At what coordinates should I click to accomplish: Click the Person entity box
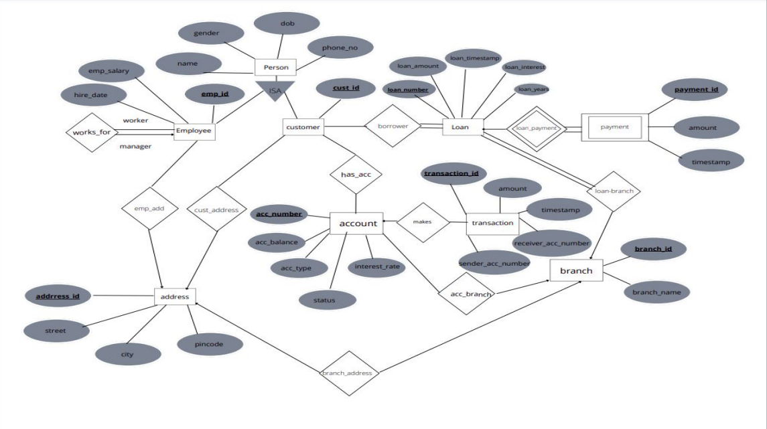[275, 68]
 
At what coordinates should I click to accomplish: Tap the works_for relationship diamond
[91, 132]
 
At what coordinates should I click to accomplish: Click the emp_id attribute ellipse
[214, 95]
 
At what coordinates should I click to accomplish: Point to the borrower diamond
[392, 126]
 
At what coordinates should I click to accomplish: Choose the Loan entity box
[462, 126]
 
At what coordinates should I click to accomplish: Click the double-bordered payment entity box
[614, 126]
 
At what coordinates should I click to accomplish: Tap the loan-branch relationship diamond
[614, 191]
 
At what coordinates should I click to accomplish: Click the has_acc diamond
[356, 174]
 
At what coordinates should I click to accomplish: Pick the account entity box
[356, 223]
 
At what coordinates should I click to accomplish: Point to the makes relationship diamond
[422, 222]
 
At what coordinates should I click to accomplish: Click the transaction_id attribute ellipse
[451, 174]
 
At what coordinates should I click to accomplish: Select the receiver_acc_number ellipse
[552, 243]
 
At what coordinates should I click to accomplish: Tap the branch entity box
[576, 271]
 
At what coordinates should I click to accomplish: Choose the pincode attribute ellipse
[210, 344]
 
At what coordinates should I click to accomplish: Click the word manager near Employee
[135, 146]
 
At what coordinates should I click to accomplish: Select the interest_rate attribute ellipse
[377, 267]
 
